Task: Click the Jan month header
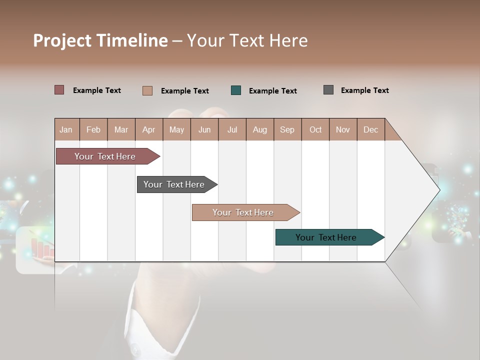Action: pyautogui.click(x=66, y=129)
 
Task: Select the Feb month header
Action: pyautogui.click(x=93, y=129)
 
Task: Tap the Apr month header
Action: pyautogui.click(x=148, y=129)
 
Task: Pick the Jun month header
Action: pyautogui.click(x=204, y=129)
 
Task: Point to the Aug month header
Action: pyautogui.click(x=260, y=129)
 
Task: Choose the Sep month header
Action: pyautogui.click(x=287, y=129)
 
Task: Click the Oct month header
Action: pyautogui.click(x=315, y=129)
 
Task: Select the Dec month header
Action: pyautogui.click(x=370, y=129)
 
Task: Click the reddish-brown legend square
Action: pyautogui.click(x=59, y=90)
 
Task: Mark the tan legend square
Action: pyautogui.click(x=147, y=90)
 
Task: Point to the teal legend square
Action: pyautogui.click(x=236, y=90)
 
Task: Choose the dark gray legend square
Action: pyautogui.click(x=328, y=90)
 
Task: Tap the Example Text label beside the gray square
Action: pyautogui.click(x=364, y=90)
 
